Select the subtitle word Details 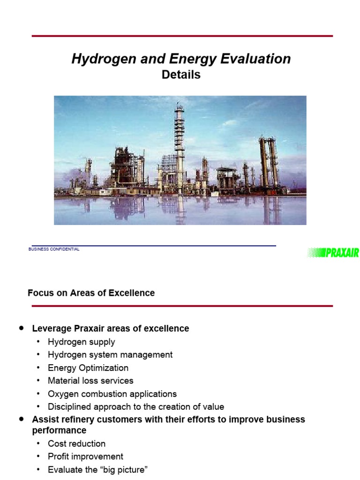pos(181,75)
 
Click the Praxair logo pos(333,253)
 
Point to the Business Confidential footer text pos(54,249)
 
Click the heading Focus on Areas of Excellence pos(91,293)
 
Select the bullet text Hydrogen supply pos(81,342)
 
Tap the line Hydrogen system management pos(110,355)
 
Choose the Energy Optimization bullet pos(88,368)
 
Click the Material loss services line pos(90,381)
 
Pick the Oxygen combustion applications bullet pos(112,394)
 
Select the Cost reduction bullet pos(76,443)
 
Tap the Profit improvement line pos(85,457)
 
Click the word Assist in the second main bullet pos(44,419)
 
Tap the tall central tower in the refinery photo pos(179,141)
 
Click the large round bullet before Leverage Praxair pos(22,329)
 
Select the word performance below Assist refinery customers pos(59,430)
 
